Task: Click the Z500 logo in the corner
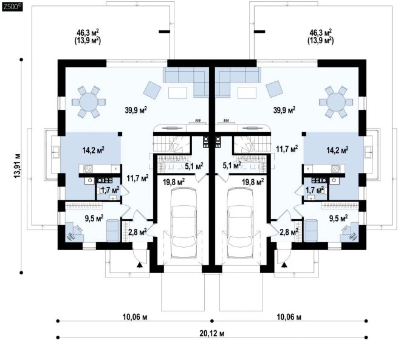tap(12, 7)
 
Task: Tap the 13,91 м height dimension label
tap(17, 166)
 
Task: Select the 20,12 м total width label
tap(212, 334)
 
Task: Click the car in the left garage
tap(184, 222)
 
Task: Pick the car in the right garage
tap(241, 222)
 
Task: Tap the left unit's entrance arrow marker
tap(139, 265)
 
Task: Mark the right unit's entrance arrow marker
tap(284, 265)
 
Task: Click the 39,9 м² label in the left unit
tap(136, 110)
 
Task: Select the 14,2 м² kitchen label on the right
tap(337, 150)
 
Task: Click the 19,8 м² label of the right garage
tap(253, 182)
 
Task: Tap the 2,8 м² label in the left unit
tap(137, 232)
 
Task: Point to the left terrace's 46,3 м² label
tap(87, 32)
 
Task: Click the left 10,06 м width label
tap(135, 317)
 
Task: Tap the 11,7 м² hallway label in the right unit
tap(287, 149)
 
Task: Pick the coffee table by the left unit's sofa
tap(177, 92)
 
